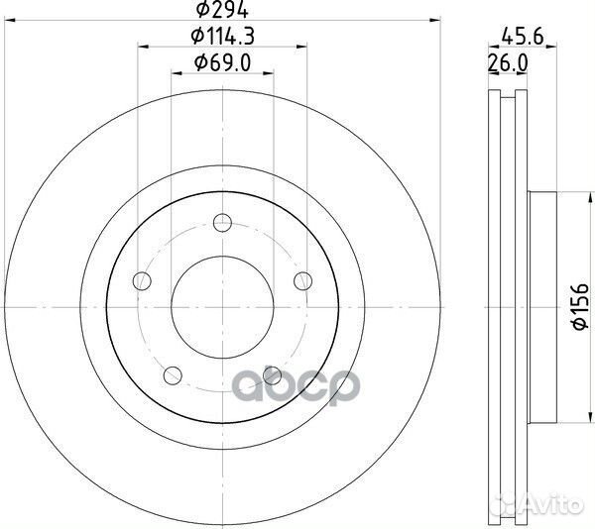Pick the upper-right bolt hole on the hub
tap(303, 279)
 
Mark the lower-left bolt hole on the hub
tap(172, 374)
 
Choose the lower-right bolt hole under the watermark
tap(273, 374)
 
